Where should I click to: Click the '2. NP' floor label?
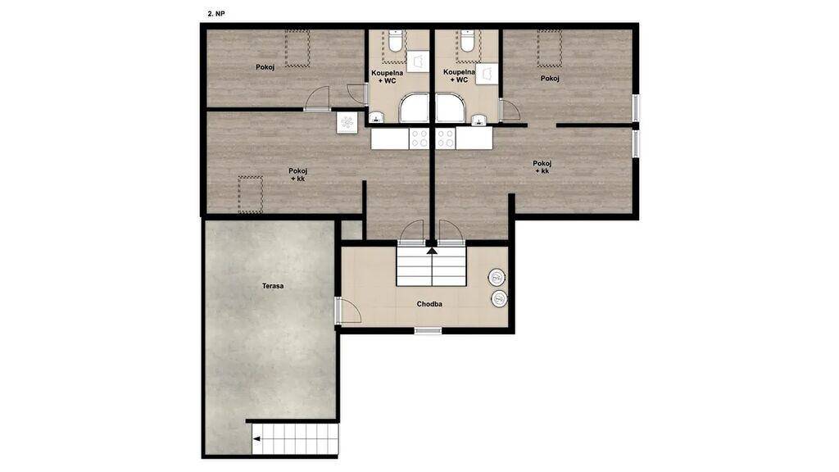[216, 14]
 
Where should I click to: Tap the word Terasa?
[273, 286]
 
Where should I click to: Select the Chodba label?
[429, 304]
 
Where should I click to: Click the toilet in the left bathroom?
[396, 42]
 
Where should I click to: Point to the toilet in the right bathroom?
[467, 42]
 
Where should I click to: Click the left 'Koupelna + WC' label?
[388, 76]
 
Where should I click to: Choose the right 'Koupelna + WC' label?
[459, 76]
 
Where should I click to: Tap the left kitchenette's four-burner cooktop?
[419, 138]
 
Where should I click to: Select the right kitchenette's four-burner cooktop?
[445, 138]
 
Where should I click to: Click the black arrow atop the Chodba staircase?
[432, 249]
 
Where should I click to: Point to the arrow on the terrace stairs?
[256, 439]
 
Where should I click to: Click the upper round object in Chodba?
[497, 277]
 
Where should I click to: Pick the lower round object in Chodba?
[499, 298]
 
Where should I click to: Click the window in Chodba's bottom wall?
[428, 331]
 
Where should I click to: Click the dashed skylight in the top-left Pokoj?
[297, 48]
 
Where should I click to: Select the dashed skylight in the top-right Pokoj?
[550, 48]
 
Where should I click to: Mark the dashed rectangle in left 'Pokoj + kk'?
[251, 194]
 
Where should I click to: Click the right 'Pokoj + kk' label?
[542, 167]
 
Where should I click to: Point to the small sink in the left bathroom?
[377, 117]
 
